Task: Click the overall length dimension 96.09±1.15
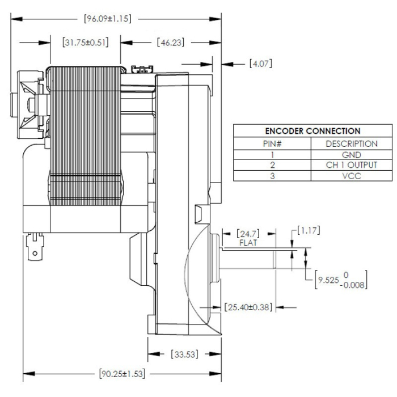(108, 19)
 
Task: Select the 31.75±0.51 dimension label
(85, 43)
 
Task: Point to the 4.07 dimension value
(261, 63)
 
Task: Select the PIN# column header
(272, 143)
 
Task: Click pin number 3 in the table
(272, 176)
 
